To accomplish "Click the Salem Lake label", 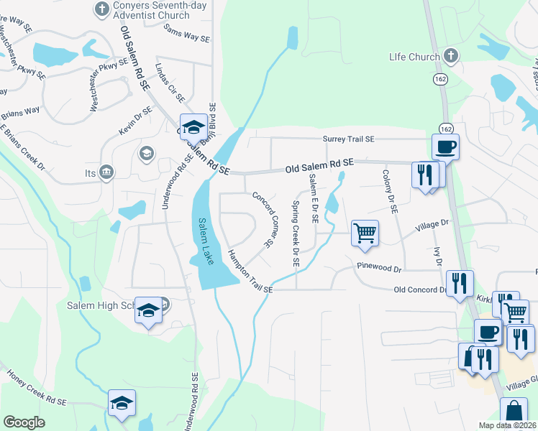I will tap(204, 241).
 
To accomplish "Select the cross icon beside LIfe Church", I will tap(451, 55).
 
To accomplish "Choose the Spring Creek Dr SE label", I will tap(295, 233).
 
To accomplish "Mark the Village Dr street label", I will tap(432, 225).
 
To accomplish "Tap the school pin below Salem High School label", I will tap(149, 311).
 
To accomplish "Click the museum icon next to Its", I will tap(107, 172).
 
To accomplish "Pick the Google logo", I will tap(24, 422).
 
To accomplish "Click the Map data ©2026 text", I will tap(506, 425).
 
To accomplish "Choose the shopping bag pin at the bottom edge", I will tap(515, 414).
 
